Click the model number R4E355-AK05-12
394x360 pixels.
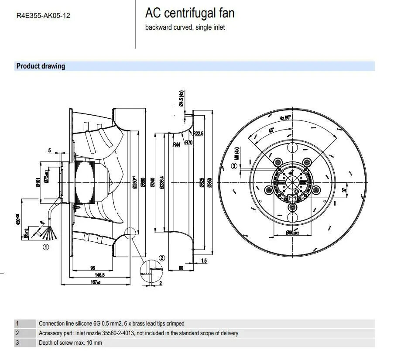coord(43,16)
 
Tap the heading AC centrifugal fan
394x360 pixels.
coord(189,13)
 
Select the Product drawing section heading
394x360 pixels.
coord(41,66)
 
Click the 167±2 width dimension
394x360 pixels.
coord(96,283)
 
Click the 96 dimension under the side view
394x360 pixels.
coord(93,267)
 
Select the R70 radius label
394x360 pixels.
coord(189,142)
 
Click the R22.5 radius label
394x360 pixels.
coord(198,134)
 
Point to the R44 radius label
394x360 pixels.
coord(176,144)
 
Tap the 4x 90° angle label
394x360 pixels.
coord(285,117)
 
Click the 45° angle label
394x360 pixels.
coord(271,130)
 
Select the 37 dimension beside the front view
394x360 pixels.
coord(344,190)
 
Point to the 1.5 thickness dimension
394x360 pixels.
coord(204,261)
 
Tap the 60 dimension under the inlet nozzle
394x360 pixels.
coord(181,268)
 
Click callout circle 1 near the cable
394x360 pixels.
coord(46,247)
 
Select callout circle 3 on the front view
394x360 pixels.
coord(234,166)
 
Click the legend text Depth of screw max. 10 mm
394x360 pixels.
coord(70,343)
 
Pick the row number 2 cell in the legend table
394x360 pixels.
coord(17,333)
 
